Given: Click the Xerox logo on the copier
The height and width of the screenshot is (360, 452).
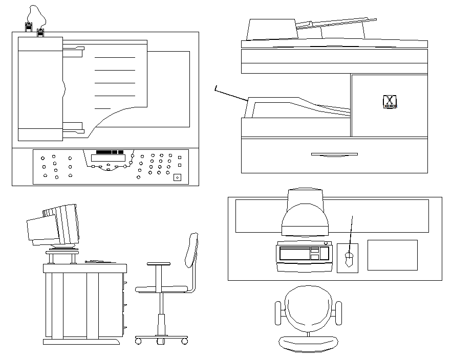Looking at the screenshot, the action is pyautogui.click(x=390, y=101).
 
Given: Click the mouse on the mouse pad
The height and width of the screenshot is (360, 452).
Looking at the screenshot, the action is pyautogui.click(x=349, y=260).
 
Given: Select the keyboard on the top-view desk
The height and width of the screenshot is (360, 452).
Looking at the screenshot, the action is pyautogui.click(x=303, y=256).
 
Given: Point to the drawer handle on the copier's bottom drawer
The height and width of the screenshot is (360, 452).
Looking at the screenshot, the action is pyautogui.click(x=334, y=154).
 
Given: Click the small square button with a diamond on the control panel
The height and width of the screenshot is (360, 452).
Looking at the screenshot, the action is pyautogui.click(x=177, y=177).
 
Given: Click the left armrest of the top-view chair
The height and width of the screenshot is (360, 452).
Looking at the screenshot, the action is pyautogui.click(x=278, y=313).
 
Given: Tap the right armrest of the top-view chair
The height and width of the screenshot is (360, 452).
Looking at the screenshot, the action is pyautogui.click(x=337, y=313).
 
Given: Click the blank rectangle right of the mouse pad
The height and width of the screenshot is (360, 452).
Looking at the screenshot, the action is pyautogui.click(x=392, y=255).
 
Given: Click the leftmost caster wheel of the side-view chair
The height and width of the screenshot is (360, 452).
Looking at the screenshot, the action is pyautogui.click(x=138, y=341).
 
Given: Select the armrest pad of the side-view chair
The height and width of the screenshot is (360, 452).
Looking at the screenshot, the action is pyautogui.click(x=158, y=264).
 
